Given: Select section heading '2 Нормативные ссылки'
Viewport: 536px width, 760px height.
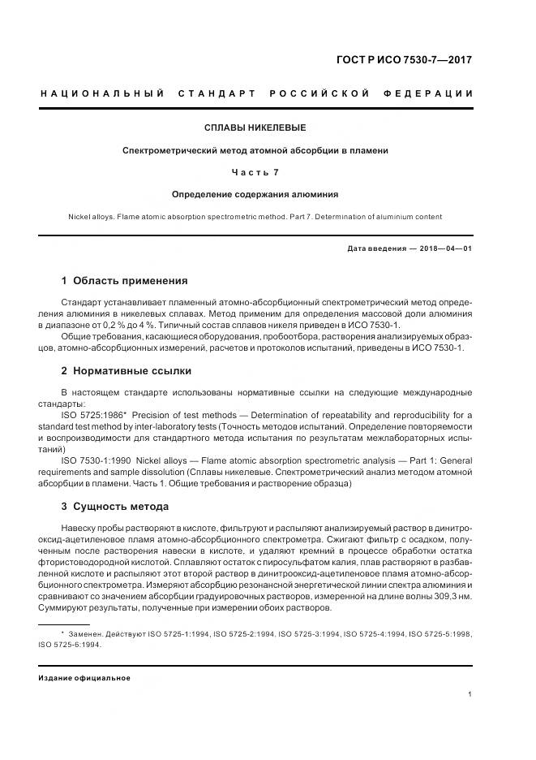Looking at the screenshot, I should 126,370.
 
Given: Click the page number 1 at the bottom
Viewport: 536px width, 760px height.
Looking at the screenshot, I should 470,694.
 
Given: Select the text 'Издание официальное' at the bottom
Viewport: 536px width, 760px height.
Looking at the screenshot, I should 84,677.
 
